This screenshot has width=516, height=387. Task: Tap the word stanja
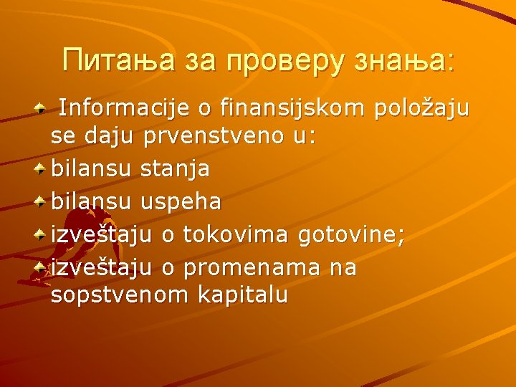[176, 169]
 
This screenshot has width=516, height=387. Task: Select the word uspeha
[181, 202]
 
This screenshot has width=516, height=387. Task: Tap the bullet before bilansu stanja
[42, 168]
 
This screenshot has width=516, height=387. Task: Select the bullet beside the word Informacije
[42, 108]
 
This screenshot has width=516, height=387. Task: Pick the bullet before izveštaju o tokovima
[42, 234]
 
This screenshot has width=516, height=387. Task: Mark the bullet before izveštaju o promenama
[42, 267]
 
